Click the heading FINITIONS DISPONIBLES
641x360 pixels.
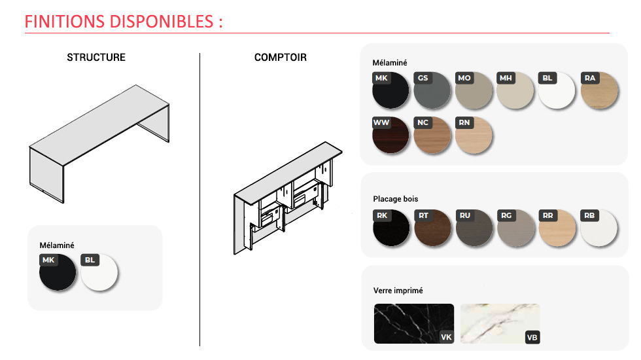click(119, 21)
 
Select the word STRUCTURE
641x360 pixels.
click(96, 58)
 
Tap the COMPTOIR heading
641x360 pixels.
click(281, 58)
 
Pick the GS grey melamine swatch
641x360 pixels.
click(432, 90)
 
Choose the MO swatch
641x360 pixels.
click(474, 90)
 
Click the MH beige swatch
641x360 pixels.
click(515, 90)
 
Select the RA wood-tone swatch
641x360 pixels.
click(599, 90)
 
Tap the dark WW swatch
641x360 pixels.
click(390, 135)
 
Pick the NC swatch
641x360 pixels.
click(432, 135)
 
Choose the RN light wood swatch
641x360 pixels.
click(474, 135)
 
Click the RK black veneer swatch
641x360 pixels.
click(391, 228)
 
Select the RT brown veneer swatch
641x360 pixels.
click(432, 228)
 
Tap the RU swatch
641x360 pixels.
click(474, 228)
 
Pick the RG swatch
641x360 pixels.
click(516, 228)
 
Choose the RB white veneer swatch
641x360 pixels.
click(599, 228)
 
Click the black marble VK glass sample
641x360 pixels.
click(413, 323)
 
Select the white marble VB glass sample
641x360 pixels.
click(500, 323)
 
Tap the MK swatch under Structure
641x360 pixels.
click(58, 272)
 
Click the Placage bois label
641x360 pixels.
click(395, 199)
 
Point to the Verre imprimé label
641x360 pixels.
click(398, 291)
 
